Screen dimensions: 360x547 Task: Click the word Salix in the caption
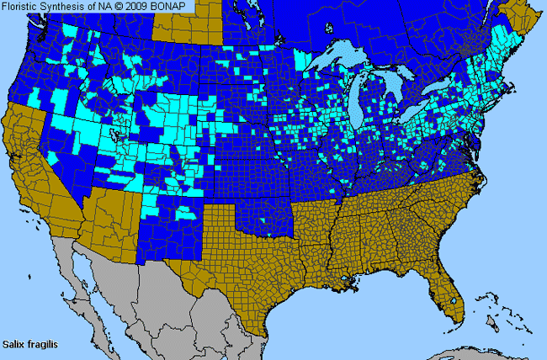[13, 343]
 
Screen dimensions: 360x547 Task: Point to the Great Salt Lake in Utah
[118, 135]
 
